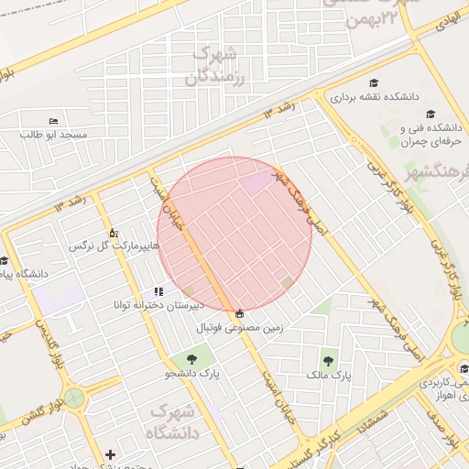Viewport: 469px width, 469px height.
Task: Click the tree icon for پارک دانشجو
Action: [193, 359]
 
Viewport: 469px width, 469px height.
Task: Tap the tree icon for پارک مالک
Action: [328, 360]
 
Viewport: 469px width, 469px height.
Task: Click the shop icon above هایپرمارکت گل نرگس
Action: [113, 233]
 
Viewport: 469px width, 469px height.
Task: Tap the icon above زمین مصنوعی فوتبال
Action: [240, 312]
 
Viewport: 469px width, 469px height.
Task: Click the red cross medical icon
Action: [111, 454]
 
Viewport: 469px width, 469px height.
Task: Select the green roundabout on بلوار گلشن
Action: [72, 398]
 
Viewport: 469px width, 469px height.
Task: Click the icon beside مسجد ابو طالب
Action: [52, 121]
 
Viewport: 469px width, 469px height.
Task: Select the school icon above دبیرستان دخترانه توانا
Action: [159, 291]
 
